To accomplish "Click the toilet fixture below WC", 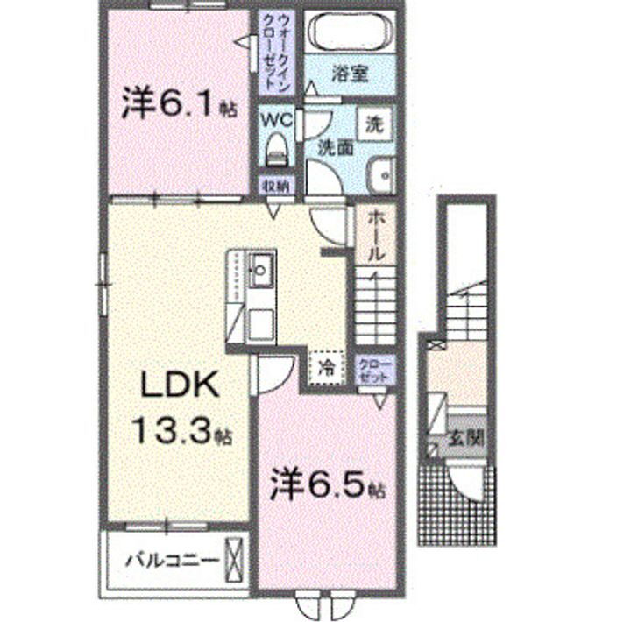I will coord(276,149).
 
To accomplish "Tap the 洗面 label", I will coord(335,147).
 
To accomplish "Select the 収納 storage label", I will coord(275,185).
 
